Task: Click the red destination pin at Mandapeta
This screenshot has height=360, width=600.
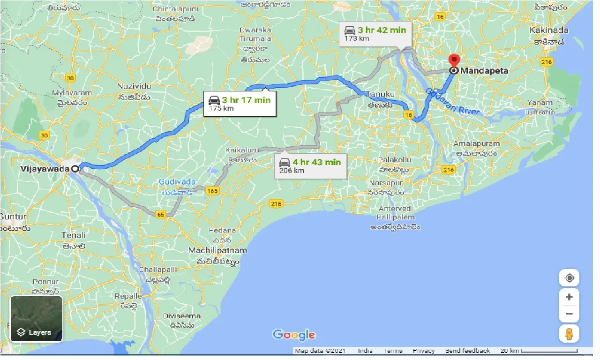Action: [454, 61]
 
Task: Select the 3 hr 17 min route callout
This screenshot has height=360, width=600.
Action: [239, 104]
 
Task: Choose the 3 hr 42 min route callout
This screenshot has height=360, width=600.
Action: [375, 33]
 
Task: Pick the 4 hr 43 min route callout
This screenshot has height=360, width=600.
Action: [310, 166]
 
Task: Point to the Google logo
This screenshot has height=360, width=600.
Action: [294, 335]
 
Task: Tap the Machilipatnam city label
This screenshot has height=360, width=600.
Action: [217, 250]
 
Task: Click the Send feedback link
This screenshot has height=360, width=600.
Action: [467, 351]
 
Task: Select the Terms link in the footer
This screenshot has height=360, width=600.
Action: [392, 351]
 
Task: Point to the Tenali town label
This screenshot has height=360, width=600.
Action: [74, 235]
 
